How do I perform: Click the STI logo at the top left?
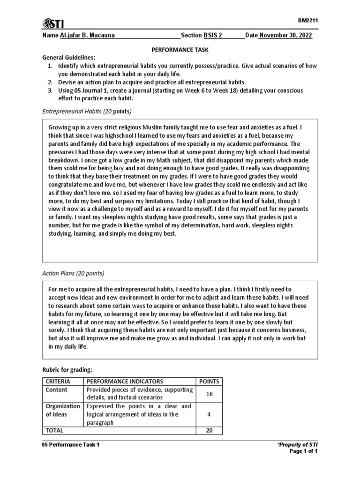tap(53, 24)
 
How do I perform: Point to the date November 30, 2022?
tap(285, 36)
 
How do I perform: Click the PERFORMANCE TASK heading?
tap(180, 49)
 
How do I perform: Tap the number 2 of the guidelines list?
tap(50, 82)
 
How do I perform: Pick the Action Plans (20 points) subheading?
tap(73, 273)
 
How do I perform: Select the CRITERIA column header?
tap(56, 381)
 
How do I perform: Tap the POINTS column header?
tap(209, 381)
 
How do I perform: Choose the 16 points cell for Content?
tap(209, 394)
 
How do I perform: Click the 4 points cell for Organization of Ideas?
tap(209, 414)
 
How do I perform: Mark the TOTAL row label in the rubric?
tap(54, 430)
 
